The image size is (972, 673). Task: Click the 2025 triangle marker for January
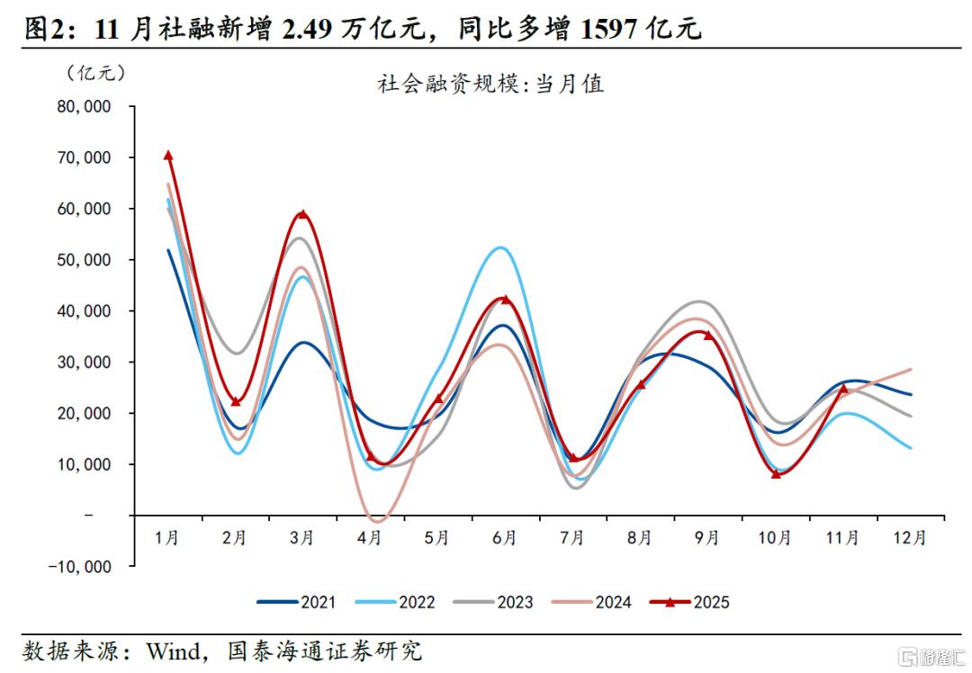pyautogui.click(x=167, y=156)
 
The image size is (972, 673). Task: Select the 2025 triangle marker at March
pyautogui.click(x=302, y=215)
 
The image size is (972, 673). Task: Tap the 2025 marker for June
pyautogui.click(x=505, y=300)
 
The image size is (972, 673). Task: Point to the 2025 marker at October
pyautogui.click(x=776, y=473)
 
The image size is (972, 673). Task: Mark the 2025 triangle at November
pyautogui.click(x=843, y=389)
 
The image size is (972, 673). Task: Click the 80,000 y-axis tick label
pyautogui.click(x=84, y=106)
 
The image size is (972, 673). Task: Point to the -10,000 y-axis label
pyautogui.click(x=81, y=567)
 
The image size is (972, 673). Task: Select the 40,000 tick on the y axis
pyautogui.click(x=84, y=311)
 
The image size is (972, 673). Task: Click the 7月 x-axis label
pyautogui.click(x=572, y=538)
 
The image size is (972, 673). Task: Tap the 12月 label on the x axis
pyautogui.click(x=910, y=538)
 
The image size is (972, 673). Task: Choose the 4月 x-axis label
pyautogui.click(x=369, y=538)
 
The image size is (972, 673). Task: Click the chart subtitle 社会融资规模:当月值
pyautogui.click(x=490, y=85)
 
